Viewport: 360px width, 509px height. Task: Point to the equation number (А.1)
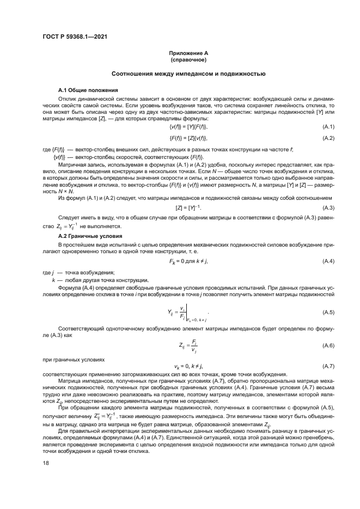(x=328, y=126)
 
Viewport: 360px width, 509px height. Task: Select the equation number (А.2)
(x=328, y=138)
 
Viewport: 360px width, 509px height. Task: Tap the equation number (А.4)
(x=328, y=262)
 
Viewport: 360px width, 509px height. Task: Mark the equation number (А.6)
(x=328, y=346)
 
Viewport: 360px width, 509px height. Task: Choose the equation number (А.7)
(x=328, y=366)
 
